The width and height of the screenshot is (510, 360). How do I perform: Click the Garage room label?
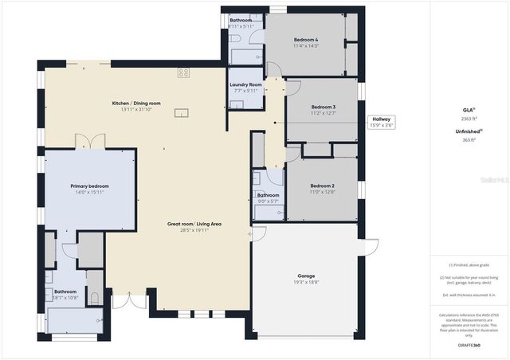(x=307, y=276)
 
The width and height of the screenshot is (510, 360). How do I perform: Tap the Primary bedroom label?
(x=90, y=186)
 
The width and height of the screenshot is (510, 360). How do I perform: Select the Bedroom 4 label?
(x=306, y=40)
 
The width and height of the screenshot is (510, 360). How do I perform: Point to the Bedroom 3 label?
(x=323, y=107)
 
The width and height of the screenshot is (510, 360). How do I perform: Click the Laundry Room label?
(x=245, y=84)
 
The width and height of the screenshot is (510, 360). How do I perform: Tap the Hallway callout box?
(x=381, y=121)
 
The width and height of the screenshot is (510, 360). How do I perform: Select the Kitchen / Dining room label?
(x=135, y=104)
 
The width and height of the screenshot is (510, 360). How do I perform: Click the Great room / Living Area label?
(x=194, y=224)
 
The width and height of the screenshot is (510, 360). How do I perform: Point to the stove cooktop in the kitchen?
(x=183, y=72)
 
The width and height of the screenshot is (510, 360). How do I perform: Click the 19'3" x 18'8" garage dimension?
(x=307, y=283)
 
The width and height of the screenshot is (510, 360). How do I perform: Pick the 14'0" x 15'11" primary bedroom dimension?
(x=90, y=192)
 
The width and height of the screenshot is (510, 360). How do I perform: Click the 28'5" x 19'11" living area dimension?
(x=194, y=230)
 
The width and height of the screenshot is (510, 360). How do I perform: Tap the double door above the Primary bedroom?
(x=90, y=142)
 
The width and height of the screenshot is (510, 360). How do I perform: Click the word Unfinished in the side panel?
(x=466, y=132)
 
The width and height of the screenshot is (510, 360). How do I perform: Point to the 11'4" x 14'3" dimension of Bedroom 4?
(x=306, y=46)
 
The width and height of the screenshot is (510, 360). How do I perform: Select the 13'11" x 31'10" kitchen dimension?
(x=135, y=109)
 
